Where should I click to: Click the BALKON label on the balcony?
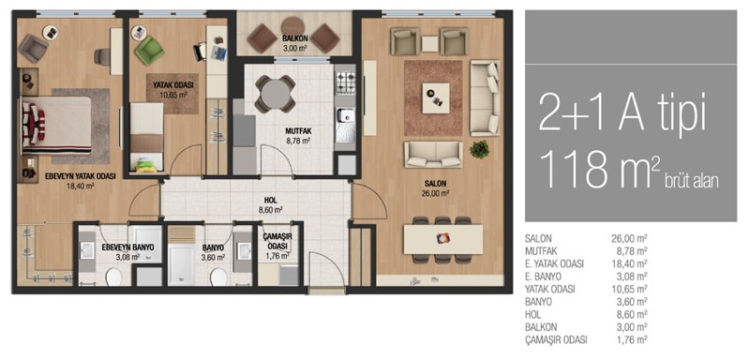[x=293, y=39]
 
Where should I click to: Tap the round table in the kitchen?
[x=275, y=93]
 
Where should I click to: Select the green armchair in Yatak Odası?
[x=149, y=51]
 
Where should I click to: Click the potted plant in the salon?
[x=479, y=149]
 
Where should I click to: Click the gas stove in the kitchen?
[x=345, y=82]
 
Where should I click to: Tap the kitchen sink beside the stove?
[x=345, y=125]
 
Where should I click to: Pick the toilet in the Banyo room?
[x=218, y=277]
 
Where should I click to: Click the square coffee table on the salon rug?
[x=436, y=98]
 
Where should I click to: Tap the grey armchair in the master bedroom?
[x=33, y=48]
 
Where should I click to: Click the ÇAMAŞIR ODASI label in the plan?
[x=277, y=242]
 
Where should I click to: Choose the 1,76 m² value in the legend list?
[x=631, y=340]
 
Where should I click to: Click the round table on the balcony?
[x=293, y=27]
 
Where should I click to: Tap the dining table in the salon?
[x=442, y=239]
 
